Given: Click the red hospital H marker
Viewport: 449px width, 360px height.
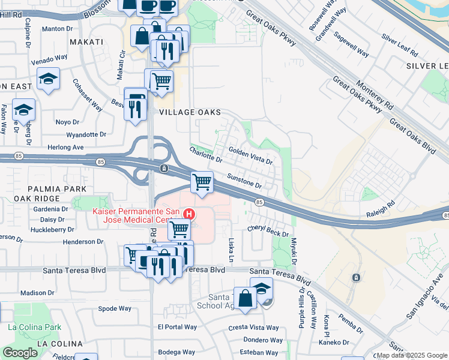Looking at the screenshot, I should pos(190,214).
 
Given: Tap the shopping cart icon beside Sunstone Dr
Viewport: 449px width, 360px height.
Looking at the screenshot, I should pos(202,182).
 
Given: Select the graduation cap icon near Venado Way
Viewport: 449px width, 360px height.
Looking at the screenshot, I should pos(48,79).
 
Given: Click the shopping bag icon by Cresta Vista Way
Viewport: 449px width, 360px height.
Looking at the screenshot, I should pos(246,298).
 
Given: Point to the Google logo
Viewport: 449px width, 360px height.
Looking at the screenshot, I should pos(20,353).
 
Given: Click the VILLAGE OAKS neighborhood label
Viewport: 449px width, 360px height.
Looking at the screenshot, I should pos(190,112).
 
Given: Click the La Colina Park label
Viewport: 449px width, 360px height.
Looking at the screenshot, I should pos(35,328).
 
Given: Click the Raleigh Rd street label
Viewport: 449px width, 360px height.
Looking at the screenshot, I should pos(382,204).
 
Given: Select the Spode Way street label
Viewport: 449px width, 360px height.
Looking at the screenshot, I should pos(115,308).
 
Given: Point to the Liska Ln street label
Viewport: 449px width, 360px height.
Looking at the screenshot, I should pos(232,247).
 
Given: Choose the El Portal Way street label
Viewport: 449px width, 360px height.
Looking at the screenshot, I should pos(177,327).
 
